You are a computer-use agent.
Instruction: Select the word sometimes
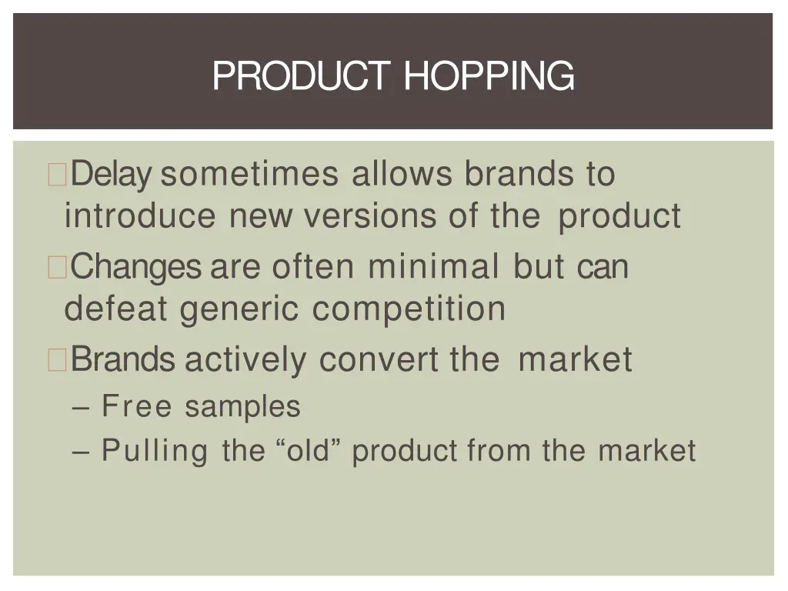(x=249, y=175)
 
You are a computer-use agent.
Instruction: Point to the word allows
(x=402, y=175)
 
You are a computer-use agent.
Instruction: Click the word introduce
(x=140, y=216)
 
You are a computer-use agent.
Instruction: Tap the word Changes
(x=137, y=267)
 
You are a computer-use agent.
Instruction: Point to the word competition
(x=409, y=309)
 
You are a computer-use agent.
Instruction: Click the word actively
(x=245, y=359)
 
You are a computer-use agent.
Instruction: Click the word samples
(x=242, y=406)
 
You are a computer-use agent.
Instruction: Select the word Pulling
(x=155, y=450)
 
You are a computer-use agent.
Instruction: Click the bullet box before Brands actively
(x=58, y=360)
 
